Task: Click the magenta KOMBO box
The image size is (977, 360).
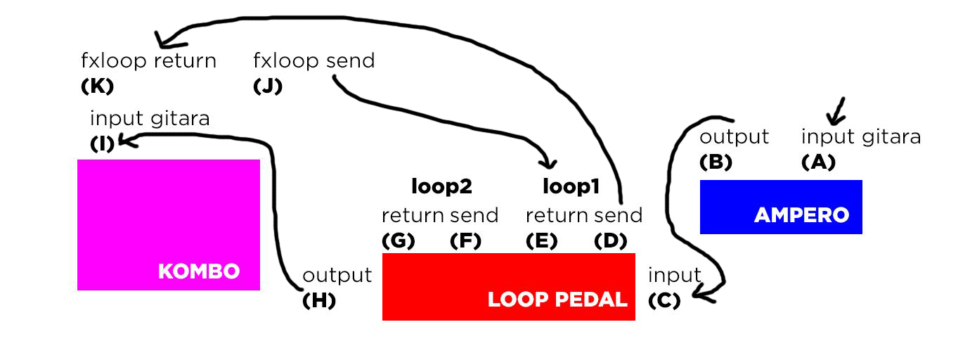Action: (169, 224)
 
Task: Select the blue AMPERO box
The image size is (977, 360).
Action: (780, 207)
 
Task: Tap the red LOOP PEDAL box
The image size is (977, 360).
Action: (508, 286)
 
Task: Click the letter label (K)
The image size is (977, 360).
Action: (97, 86)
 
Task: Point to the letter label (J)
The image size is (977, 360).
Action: (267, 86)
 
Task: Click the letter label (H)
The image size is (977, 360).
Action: (318, 300)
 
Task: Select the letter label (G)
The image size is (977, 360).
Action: (398, 240)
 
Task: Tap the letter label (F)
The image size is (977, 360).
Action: (465, 240)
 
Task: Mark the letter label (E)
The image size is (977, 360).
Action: (541, 240)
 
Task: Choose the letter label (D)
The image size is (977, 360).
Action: (611, 240)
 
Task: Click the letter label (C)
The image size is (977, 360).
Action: (664, 300)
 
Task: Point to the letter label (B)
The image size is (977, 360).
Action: (716, 162)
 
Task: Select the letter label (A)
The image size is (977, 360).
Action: (818, 162)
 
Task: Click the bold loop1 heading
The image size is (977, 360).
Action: (571, 187)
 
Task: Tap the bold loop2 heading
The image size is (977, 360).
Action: (441, 187)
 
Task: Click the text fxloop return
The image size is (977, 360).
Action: (149, 61)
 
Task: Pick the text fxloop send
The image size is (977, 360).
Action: (313, 61)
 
